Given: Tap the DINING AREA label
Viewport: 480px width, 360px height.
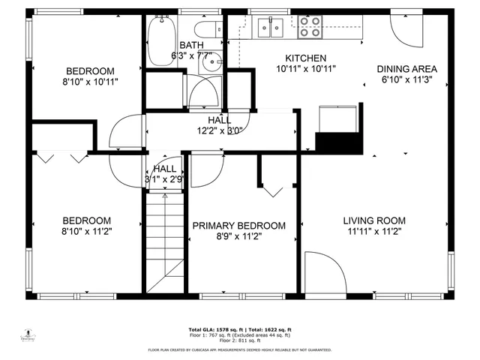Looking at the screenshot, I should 406,69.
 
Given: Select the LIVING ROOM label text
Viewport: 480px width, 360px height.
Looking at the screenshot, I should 374,220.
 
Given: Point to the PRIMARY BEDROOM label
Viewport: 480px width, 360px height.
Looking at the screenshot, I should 238,225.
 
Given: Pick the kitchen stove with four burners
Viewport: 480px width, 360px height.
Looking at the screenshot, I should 309,27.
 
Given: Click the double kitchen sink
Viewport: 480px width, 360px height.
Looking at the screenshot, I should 269,28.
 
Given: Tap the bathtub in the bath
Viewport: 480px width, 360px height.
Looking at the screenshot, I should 160,41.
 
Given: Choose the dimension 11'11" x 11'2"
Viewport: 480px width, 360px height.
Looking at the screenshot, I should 374,231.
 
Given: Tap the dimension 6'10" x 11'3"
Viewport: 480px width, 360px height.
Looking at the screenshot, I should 406,79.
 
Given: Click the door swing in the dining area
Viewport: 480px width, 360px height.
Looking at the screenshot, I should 403,30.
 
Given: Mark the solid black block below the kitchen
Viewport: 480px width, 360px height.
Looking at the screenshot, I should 338,141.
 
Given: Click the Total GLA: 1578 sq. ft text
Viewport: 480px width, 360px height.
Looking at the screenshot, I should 213,330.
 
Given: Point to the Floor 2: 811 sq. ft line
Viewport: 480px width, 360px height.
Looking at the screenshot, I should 239,340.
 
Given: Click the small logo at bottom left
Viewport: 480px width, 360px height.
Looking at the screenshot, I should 31,334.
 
